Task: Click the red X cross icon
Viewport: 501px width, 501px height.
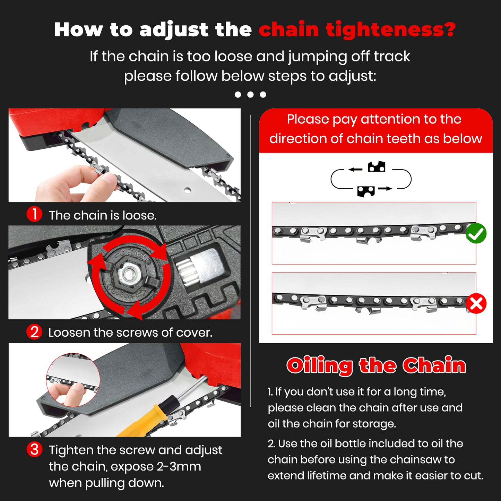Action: click(x=476, y=304)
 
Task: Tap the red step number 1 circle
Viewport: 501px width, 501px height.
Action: click(x=34, y=214)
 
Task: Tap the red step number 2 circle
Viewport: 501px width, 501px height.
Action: click(x=34, y=332)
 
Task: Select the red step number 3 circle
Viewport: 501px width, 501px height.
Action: click(x=34, y=449)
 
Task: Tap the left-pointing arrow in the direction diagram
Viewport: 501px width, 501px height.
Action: click(x=355, y=170)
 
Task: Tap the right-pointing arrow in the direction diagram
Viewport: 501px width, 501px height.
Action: click(x=385, y=189)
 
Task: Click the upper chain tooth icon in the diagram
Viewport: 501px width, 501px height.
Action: click(x=376, y=167)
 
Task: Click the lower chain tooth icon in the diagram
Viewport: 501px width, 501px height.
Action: click(x=366, y=191)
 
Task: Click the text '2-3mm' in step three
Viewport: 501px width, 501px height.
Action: click(x=179, y=466)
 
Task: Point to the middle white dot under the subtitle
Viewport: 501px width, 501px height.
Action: click(x=250, y=94)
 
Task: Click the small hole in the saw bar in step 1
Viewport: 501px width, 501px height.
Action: click(x=188, y=190)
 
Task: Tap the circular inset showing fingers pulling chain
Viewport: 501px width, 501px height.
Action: click(x=73, y=380)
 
